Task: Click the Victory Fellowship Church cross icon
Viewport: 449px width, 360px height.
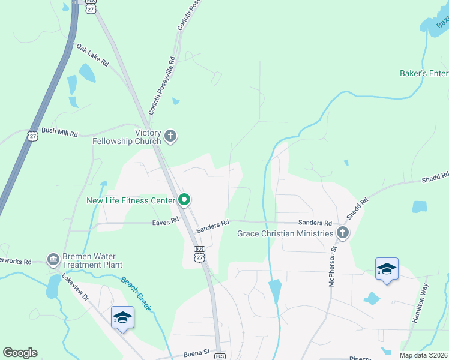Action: coord(170,136)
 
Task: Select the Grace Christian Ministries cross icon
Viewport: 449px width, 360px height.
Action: coord(343,233)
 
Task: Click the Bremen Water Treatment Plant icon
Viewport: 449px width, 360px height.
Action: coord(53,260)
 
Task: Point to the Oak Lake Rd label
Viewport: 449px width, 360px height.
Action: coord(92,55)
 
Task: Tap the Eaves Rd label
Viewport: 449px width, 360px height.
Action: coord(166,221)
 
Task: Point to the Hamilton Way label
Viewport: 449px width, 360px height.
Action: coord(420,304)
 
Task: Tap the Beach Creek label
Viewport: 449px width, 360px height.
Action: coord(136,293)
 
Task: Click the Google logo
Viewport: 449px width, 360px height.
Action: coord(20,353)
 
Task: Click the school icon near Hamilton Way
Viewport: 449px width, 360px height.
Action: coord(387,270)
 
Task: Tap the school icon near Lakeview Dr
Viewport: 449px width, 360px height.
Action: coord(122,317)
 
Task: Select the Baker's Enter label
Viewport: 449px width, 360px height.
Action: coord(424,73)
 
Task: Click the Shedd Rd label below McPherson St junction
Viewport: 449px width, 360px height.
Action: coord(356,211)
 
